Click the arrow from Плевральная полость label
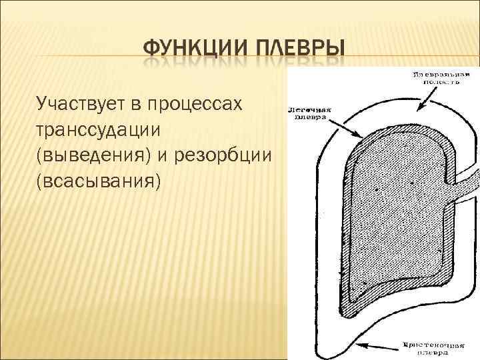[427, 100]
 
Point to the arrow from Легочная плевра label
[347, 127]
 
